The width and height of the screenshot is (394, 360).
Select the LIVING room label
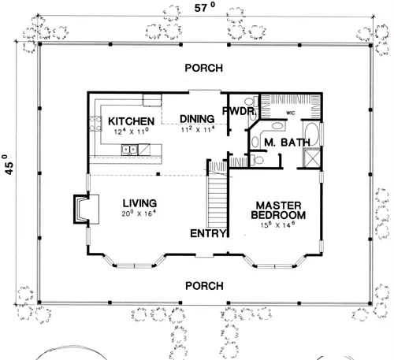pyautogui.click(x=139, y=202)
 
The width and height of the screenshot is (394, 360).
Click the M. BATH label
pyautogui.click(x=280, y=143)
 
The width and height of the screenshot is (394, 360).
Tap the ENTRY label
pyautogui.click(x=210, y=234)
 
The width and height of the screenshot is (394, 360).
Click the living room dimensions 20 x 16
pyautogui.click(x=139, y=213)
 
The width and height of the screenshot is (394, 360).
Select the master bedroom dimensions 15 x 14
pyautogui.click(x=277, y=225)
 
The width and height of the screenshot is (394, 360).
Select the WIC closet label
pyautogui.click(x=291, y=113)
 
